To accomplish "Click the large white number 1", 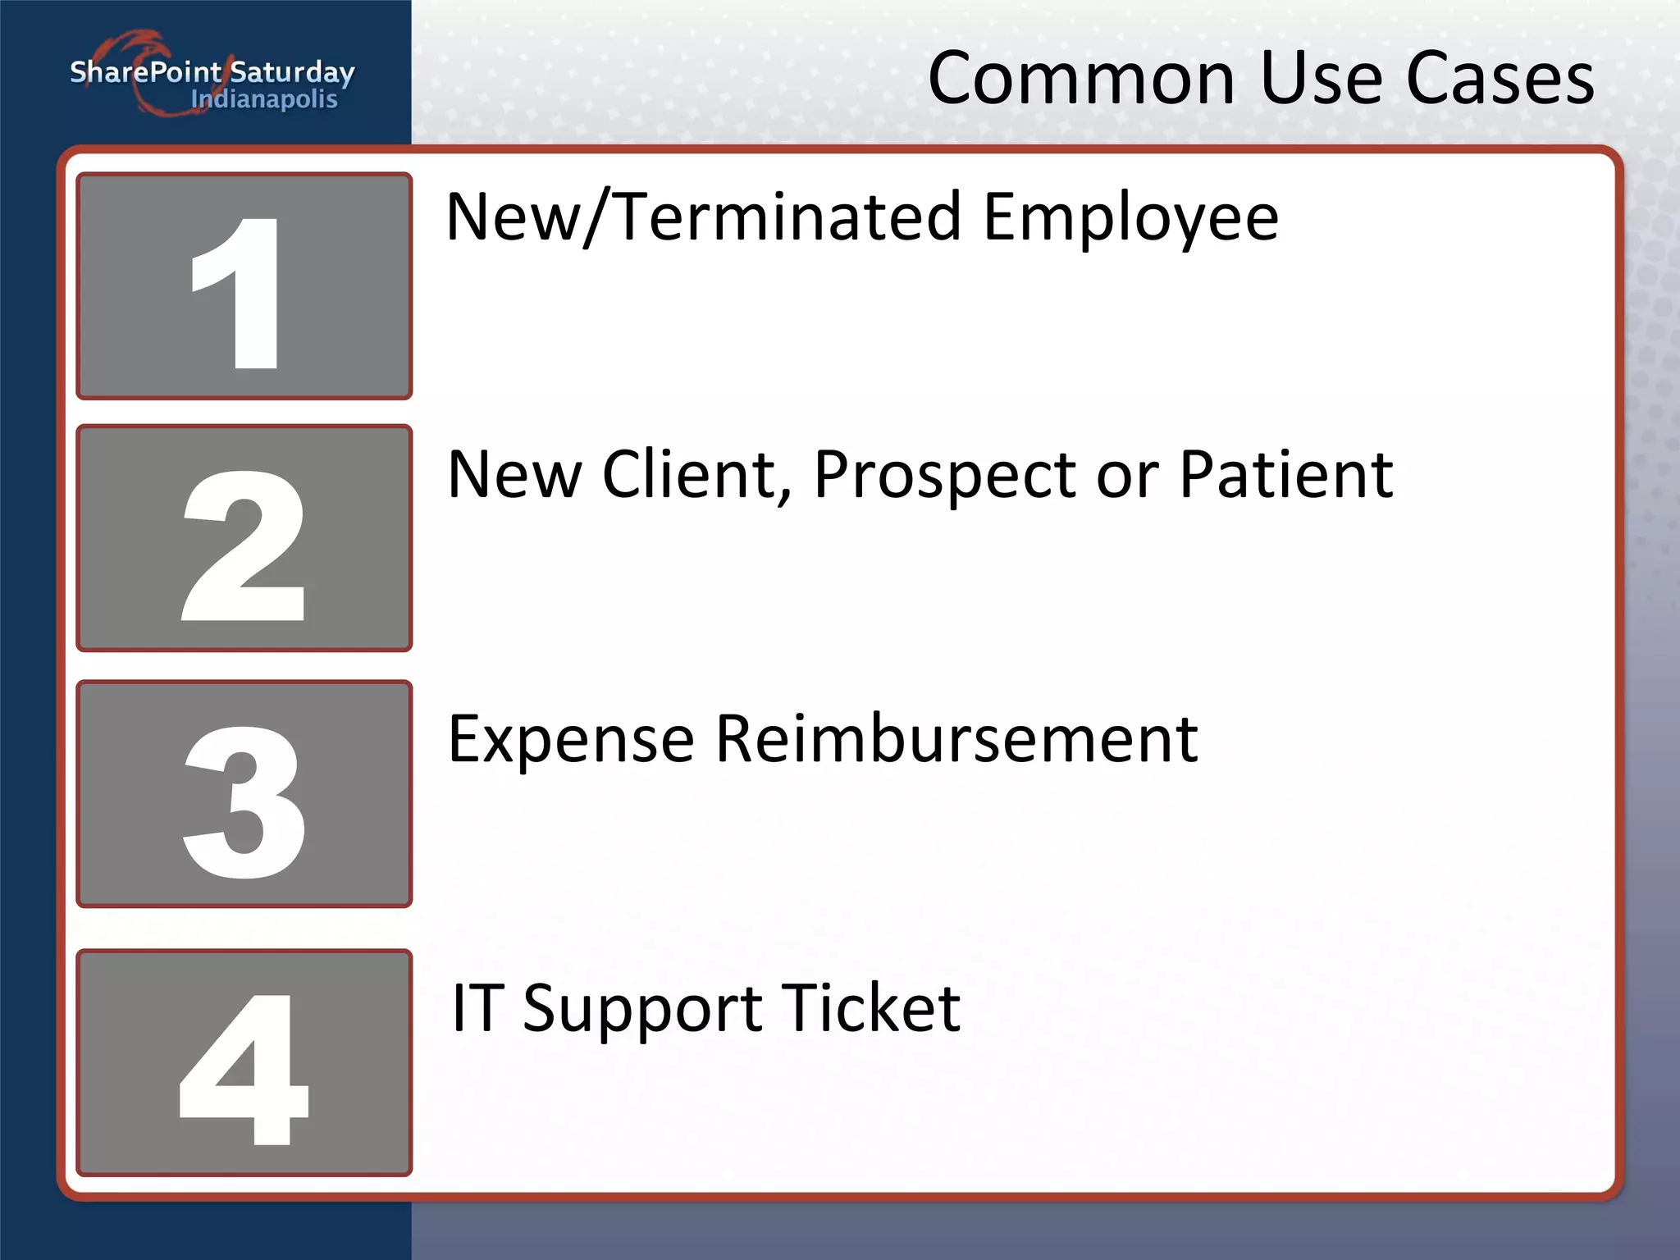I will click(x=238, y=293).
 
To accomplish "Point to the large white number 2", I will click(x=244, y=546).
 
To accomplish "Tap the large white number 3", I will click(x=244, y=801).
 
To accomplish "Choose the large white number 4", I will click(x=244, y=1068).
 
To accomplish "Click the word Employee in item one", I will click(x=1130, y=218).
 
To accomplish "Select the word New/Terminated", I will click(x=703, y=217).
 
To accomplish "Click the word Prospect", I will click(x=944, y=476).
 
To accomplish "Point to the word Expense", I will click(x=571, y=740).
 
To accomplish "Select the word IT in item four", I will click(x=474, y=1007).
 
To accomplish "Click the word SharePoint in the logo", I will click(x=145, y=72).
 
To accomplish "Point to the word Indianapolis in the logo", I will click(x=264, y=99).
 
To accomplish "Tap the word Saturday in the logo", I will click(x=292, y=74).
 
